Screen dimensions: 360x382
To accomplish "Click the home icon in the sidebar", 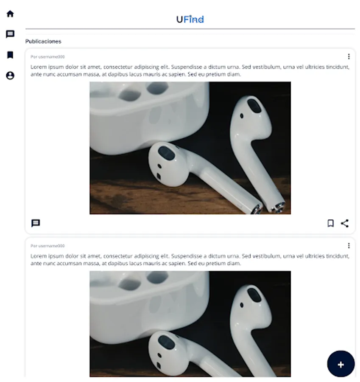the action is click(x=10, y=14).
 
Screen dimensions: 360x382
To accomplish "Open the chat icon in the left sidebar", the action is click(x=10, y=34).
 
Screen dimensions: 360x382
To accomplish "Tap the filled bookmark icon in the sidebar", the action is click(x=10, y=55).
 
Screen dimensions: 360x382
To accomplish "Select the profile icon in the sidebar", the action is click(x=10, y=76).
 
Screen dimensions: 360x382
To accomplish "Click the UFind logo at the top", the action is click(x=190, y=19).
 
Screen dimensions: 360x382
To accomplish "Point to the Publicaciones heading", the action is click(x=43, y=42).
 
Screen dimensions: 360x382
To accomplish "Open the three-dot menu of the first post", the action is click(x=349, y=56).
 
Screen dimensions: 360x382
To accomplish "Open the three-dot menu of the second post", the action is click(x=349, y=246).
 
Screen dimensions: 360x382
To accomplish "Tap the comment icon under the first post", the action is click(x=36, y=223).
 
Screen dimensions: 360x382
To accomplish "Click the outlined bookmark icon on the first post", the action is click(x=331, y=223).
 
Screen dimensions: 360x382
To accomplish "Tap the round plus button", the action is click(x=341, y=364).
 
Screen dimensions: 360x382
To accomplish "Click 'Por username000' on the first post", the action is click(x=48, y=57).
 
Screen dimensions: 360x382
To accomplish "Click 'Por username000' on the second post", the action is click(x=48, y=246).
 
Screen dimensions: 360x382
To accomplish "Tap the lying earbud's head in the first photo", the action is click(x=168, y=164).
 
